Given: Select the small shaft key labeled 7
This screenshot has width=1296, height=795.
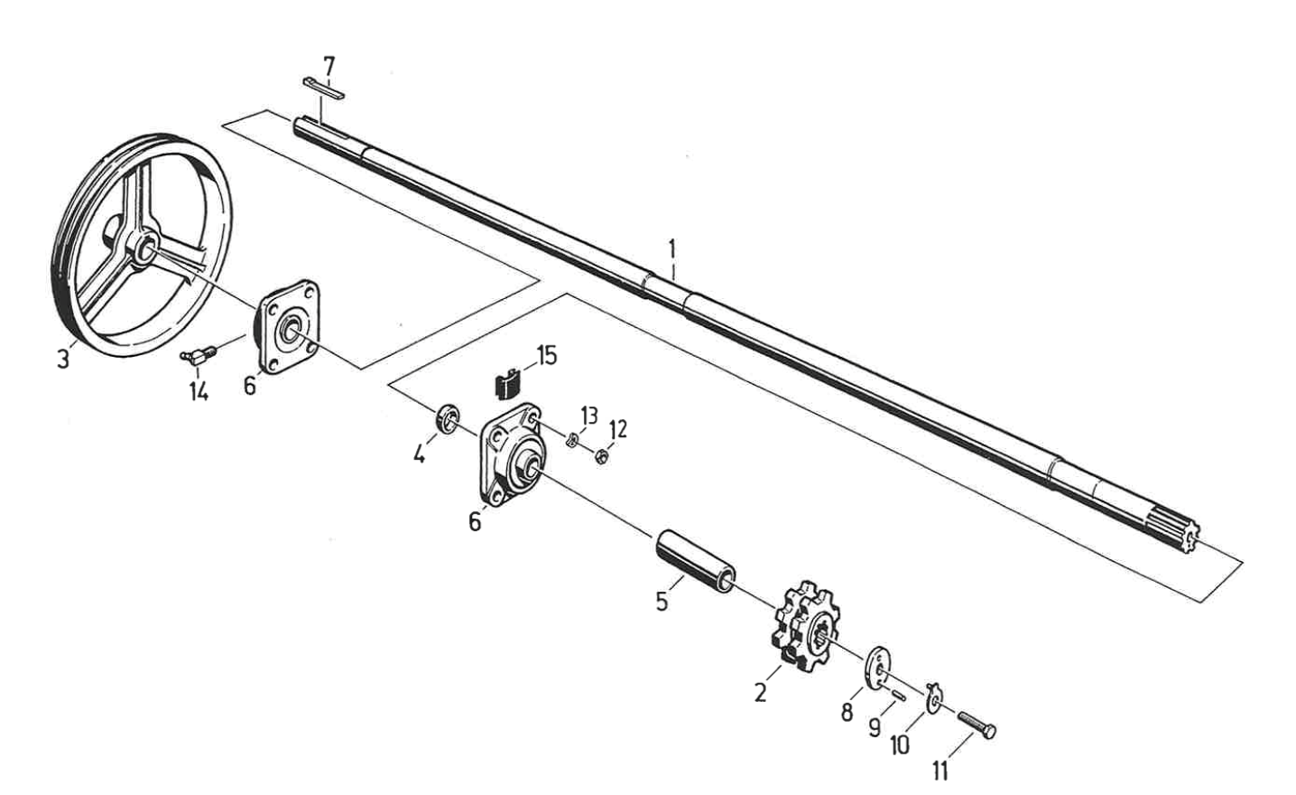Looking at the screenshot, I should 323,87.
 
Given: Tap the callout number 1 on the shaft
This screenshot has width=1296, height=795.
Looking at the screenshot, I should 671,247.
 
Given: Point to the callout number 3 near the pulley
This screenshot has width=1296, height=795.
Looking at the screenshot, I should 62,360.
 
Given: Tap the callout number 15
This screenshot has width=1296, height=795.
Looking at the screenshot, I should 547,355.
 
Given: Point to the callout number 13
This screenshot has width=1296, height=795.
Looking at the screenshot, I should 588,416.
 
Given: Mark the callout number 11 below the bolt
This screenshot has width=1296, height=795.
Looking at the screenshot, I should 940,771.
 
